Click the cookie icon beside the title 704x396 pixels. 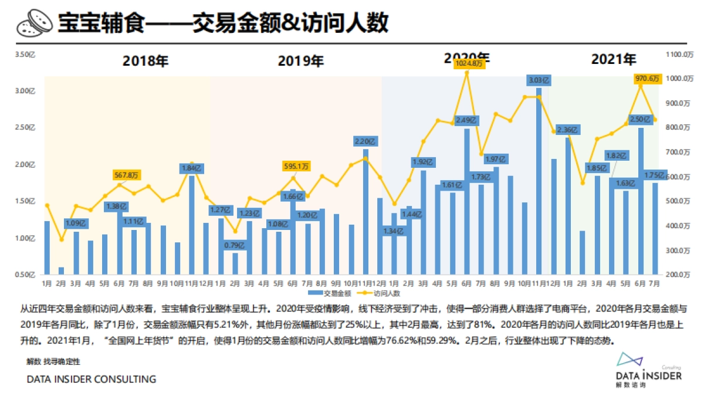33,24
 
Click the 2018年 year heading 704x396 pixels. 145,60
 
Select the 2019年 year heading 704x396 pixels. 300,60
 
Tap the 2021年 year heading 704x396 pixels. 614,59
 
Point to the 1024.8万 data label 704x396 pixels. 467,63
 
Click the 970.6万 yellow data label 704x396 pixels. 648,79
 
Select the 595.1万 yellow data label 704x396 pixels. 296,166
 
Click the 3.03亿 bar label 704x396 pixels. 539,79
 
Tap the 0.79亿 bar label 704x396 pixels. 235,245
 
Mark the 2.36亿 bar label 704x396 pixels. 567,130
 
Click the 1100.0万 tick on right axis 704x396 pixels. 680,55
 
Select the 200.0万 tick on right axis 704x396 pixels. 679,274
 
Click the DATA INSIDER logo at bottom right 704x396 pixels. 648,370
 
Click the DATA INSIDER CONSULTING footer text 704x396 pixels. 92,380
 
